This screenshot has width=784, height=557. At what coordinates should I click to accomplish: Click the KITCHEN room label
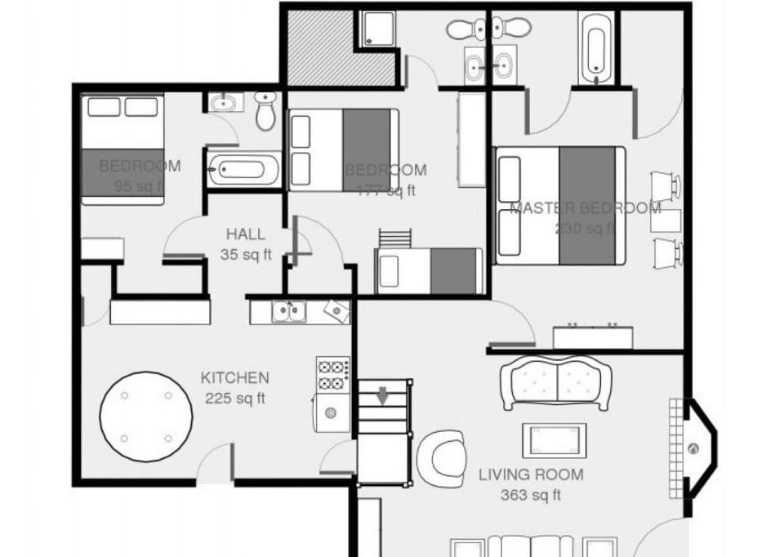click(x=234, y=378)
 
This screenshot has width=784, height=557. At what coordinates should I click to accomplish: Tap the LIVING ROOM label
click(x=531, y=475)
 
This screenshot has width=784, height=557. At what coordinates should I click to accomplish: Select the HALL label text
click(x=245, y=234)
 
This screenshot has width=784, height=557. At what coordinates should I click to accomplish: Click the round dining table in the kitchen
click(x=146, y=417)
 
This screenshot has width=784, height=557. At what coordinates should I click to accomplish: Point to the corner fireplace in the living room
click(x=697, y=448)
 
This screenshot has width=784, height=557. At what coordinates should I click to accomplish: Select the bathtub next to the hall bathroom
click(x=243, y=170)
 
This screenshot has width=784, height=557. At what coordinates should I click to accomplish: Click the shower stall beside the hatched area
click(x=378, y=29)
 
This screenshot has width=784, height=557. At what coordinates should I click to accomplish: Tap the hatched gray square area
click(x=320, y=47)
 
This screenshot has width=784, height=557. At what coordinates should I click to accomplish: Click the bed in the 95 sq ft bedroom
click(x=122, y=147)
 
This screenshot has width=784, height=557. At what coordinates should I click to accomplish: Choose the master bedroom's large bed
click(x=560, y=205)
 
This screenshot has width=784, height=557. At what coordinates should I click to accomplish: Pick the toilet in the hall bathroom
click(x=266, y=112)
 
